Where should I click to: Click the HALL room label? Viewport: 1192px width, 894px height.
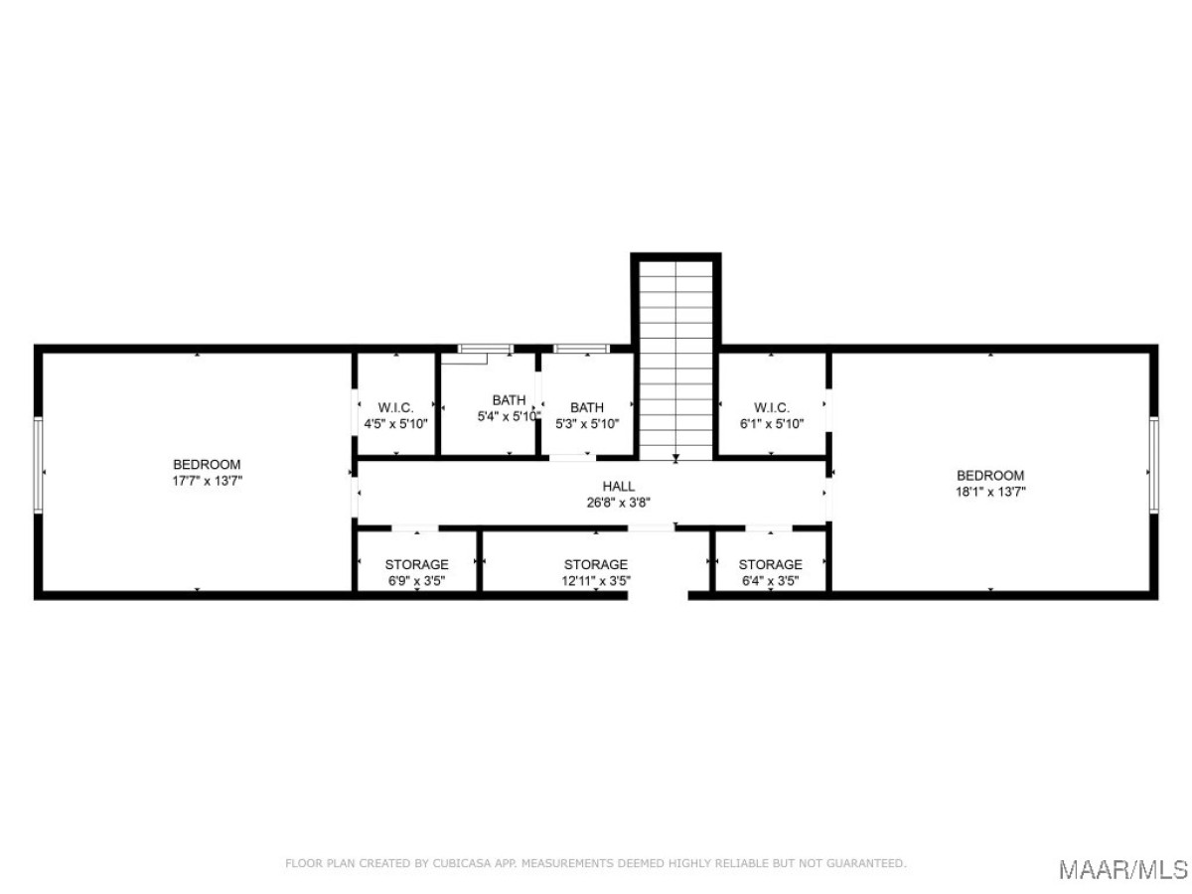click(x=618, y=486)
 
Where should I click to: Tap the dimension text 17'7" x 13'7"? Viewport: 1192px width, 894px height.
click(x=207, y=481)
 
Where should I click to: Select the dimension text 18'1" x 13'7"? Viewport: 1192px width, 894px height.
click(x=990, y=492)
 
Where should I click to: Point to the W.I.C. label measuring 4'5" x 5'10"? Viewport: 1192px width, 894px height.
click(x=395, y=407)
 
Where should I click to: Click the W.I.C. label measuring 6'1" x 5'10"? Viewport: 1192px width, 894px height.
click(x=771, y=407)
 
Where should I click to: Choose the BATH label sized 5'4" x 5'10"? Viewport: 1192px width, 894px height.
click(x=509, y=400)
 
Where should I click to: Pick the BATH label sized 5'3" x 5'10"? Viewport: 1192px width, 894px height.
click(x=586, y=407)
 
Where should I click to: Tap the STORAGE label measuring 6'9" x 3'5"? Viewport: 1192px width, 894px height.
click(x=416, y=564)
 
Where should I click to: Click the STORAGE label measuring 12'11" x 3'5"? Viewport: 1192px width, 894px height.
click(x=595, y=564)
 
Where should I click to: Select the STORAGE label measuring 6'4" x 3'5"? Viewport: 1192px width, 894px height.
click(x=770, y=564)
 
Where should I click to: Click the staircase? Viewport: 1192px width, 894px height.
click(x=675, y=361)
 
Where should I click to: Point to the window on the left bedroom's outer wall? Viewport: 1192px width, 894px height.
click(x=38, y=465)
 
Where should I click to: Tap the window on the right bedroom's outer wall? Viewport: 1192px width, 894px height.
click(x=1153, y=465)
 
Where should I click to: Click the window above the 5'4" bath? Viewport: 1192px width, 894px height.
click(x=485, y=349)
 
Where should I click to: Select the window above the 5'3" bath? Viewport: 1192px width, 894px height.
click(x=581, y=349)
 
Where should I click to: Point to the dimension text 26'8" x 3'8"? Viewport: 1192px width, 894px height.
click(x=618, y=503)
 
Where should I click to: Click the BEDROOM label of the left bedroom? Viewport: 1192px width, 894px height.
click(x=207, y=465)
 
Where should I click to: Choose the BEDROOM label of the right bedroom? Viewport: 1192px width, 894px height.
click(x=990, y=476)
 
